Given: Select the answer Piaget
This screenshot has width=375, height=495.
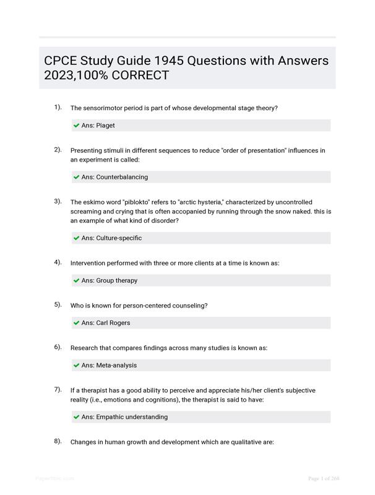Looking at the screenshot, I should click(x=105, y=126).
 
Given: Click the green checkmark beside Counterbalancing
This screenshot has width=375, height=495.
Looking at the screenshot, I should click(x=76, y=177).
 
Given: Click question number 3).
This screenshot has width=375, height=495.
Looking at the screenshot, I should click(x=58, y=201).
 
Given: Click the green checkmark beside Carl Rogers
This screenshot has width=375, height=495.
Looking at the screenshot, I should click(x=76, y=323).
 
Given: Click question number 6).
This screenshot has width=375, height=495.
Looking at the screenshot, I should click(x=58, y=347).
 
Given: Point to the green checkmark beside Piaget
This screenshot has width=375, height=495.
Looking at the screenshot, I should click(x=76, y=126).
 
